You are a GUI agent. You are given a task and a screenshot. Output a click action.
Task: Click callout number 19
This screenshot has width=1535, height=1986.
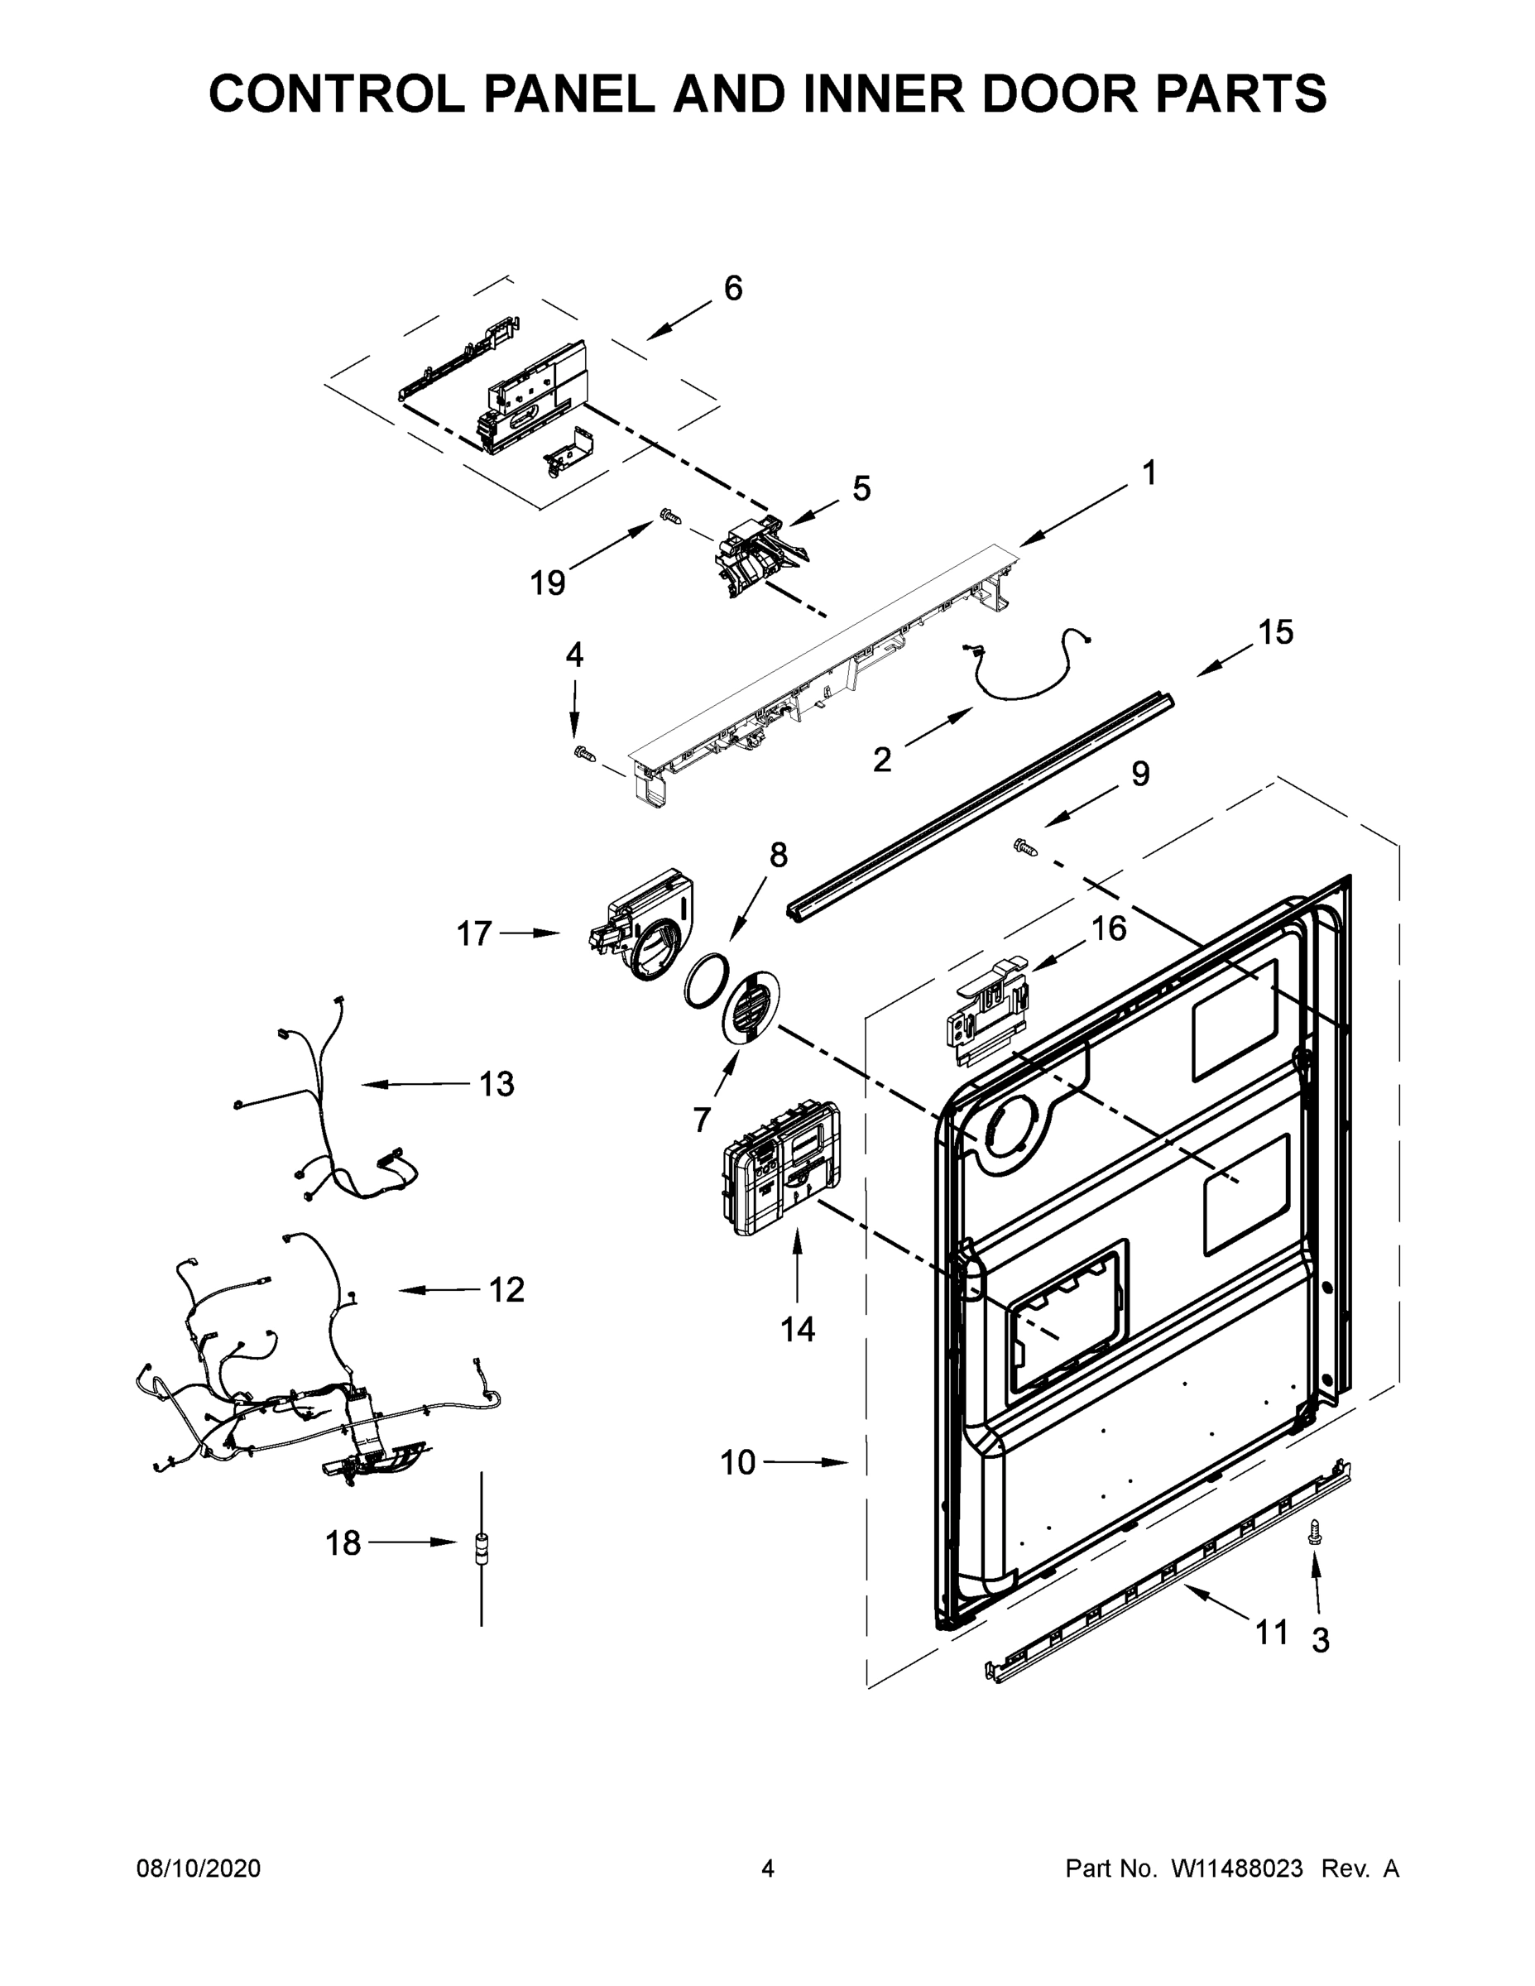click(548, 583)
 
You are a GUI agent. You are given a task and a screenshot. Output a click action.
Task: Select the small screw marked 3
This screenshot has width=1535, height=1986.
click(1312, 1533)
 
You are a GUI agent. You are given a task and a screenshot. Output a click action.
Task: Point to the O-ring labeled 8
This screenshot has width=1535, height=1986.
click(707, 981)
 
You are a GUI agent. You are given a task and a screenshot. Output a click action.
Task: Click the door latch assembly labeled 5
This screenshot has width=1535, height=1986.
click(757, 557)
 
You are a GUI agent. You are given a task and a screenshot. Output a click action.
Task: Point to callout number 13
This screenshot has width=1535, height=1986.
click(496, 1084)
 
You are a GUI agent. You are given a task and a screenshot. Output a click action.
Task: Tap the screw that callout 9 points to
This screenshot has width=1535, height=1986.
click(1024, 847)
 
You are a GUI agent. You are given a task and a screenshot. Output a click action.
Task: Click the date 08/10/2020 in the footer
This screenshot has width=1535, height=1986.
click(199, 1868)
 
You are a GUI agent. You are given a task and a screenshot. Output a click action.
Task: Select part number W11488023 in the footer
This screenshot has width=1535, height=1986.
click(1237, 1868)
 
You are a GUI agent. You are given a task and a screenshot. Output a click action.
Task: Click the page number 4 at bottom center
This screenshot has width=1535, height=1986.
click(768, 1868)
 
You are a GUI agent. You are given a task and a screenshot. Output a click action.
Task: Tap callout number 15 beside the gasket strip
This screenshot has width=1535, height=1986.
click(1276, 633)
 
